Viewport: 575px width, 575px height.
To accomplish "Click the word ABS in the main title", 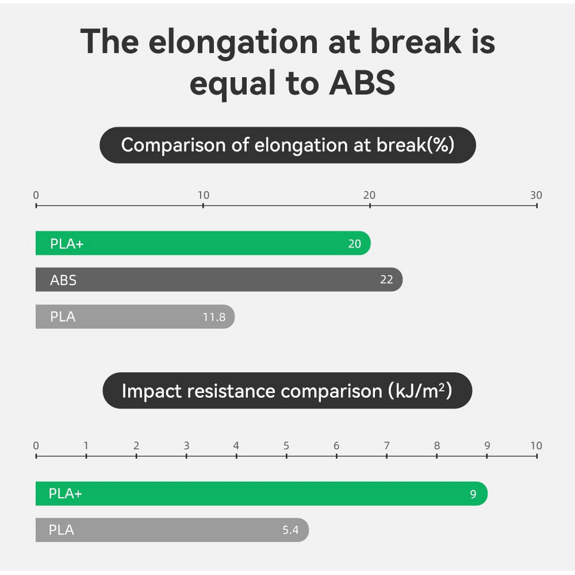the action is click(x=362, y=83).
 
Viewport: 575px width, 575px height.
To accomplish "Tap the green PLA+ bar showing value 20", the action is click(x=203, y=243).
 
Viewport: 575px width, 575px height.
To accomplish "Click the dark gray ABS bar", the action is click(x=219, y=280).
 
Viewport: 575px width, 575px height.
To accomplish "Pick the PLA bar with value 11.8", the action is click(x=135, y=316).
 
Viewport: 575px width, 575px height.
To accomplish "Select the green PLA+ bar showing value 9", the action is click(x=262, y=494).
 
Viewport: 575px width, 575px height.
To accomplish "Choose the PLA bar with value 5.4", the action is click(x=172, y=530).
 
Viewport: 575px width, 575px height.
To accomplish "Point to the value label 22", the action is click(x=386, y=280).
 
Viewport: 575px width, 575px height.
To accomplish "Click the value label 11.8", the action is click(x=214, y=317).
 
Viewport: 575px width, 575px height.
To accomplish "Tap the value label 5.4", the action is click(x=290, y=530).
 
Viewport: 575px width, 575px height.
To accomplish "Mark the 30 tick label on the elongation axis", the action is click(x=536, y=195).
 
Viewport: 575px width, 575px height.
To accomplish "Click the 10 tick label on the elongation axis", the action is click(x=204, y=195).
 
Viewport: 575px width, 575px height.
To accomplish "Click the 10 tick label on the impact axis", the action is click(x=536, y=446).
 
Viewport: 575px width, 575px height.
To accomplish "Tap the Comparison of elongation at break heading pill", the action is click(x=287, y=145).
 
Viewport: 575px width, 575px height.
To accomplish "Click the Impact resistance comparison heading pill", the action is click(x=287, y=391).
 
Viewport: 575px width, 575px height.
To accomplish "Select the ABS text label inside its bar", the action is click(x=63, y=280).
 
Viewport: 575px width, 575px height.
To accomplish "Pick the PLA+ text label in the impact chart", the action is click(x=65, y=494).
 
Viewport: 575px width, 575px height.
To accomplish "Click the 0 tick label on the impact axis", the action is click(x=36, y=446).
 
